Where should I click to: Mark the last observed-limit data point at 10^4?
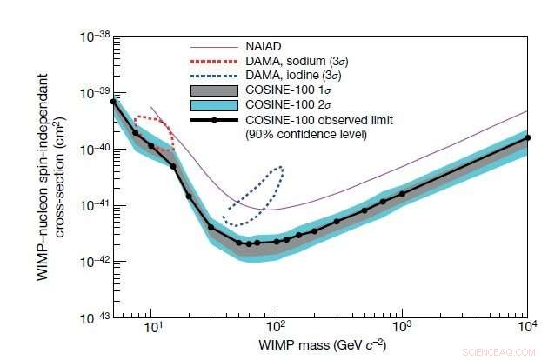pos(527,137)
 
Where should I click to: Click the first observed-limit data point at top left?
pos(113,102)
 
